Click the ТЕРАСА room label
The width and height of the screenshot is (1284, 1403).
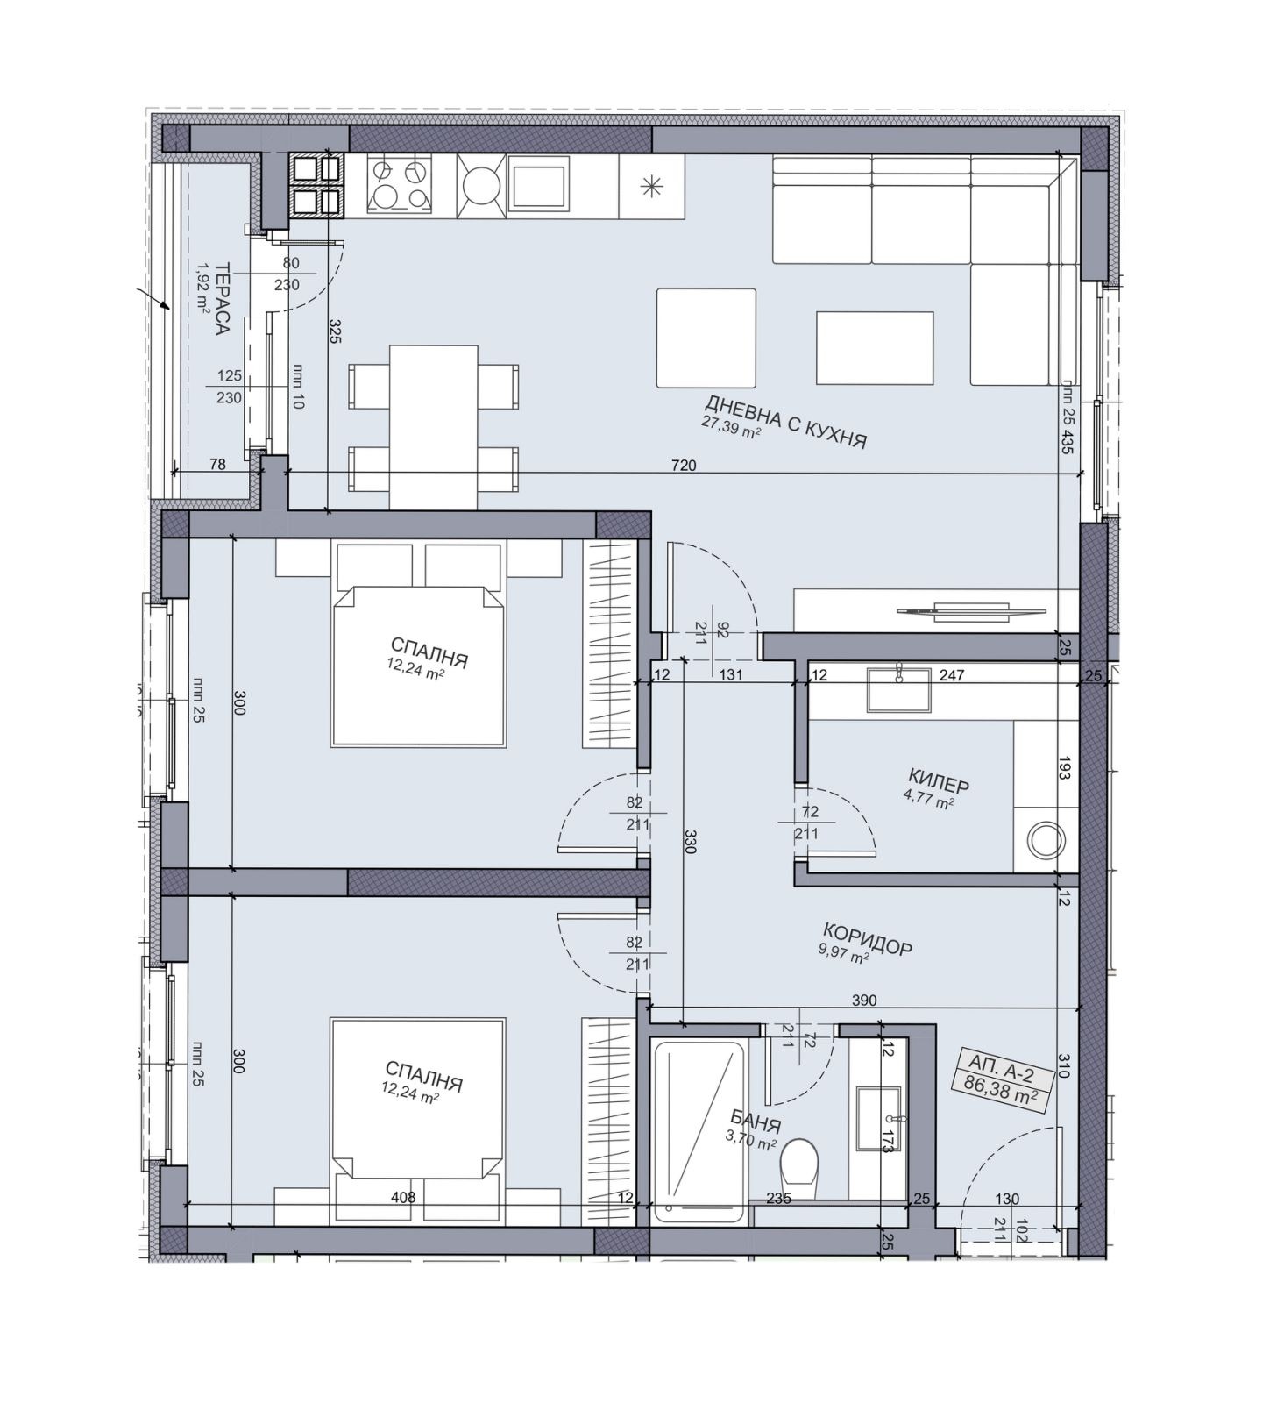[x=223, y=299]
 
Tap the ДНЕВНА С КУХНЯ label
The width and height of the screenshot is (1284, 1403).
[x=785, y=421]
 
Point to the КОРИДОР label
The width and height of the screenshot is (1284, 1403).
[x=867, y=938]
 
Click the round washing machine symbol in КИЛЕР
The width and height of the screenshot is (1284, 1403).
[x=1046, y=840]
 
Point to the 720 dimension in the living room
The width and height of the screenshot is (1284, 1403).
[x=684, y=466]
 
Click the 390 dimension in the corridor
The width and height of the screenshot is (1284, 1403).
[x=864, y=1001]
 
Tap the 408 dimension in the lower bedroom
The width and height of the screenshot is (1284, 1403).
[x=403, y=1197]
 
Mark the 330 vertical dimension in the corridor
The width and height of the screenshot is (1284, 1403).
[x=690, y=842]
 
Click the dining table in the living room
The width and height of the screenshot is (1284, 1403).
[x=434, y=427]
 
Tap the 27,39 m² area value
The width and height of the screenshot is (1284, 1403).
[x=730, y=424]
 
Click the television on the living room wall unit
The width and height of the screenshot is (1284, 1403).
[x=971, y=609]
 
